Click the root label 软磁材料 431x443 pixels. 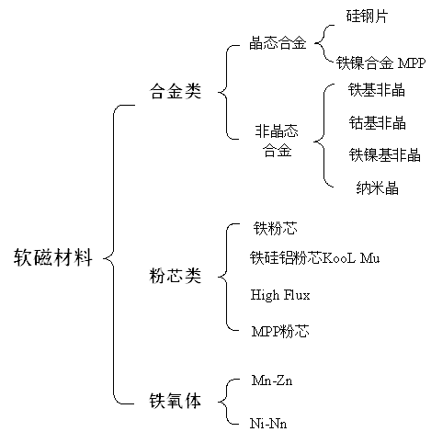[53, 257]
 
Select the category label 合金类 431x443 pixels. [176, 91]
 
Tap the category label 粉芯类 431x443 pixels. [176, 276]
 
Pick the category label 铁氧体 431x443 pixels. [176, 401]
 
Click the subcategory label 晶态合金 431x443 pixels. [278, 43]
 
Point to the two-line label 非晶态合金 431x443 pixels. [277, 141]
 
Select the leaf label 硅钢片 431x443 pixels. [367, 16]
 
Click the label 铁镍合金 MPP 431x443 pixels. [380, 63]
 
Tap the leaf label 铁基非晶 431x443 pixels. [377, 90]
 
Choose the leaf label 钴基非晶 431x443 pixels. [377, 123]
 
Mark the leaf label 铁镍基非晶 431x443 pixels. [384, 154]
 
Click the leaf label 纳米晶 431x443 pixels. [377, 187]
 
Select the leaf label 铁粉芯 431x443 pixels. [275, 228]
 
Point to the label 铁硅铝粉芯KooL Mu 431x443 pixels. [314, 257]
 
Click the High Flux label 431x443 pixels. [280, 295]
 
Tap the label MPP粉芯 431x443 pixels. [280, 332]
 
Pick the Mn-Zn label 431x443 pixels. [272, 381]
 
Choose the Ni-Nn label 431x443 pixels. [268, 424]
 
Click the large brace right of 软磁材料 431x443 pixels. [114, 255]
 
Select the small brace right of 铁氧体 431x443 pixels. [226, 402]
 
